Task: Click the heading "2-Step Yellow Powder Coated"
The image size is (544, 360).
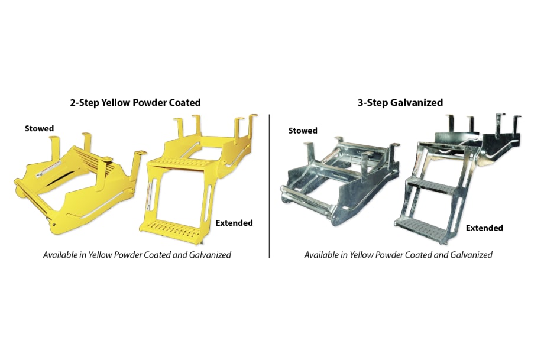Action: [135, 102]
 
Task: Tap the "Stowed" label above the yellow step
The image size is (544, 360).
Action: [39, 128]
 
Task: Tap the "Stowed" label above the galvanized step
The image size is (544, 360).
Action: [302, 131]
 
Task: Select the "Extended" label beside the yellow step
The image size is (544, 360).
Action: [234, 223]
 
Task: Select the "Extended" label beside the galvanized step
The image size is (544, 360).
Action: [484, 228]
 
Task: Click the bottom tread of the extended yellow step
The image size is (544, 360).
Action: [171, 225]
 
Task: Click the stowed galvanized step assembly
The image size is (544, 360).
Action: [334, 183]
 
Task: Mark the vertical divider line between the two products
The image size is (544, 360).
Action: [270, 183]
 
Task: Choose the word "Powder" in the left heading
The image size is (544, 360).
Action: [141, 102]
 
